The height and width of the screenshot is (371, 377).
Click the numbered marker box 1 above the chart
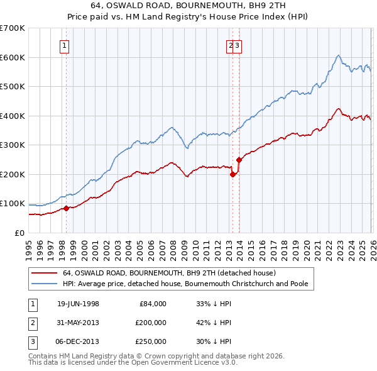click(65, 45)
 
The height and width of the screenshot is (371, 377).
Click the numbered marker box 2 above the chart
click(231, 45)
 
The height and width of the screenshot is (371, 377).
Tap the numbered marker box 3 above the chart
click(238, 45)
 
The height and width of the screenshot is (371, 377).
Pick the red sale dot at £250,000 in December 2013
click(239, 160)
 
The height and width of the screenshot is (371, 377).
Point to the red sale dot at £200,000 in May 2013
click(232, 174)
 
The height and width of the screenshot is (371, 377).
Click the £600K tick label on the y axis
click(13, 57)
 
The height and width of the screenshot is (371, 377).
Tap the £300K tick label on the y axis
click(13, 145)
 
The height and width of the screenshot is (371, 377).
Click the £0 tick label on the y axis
click(18, 233)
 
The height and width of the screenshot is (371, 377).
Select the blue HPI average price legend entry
click(185, 284)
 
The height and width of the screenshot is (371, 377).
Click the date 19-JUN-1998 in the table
click(78, 303)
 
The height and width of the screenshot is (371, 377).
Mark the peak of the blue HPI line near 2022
click(338, 55)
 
